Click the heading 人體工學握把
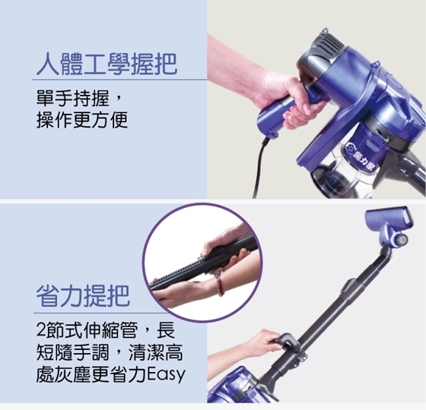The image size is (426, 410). tap(106, 64)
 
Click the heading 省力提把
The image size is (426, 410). tap(83, 296)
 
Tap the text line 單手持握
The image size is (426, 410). tap(80, 99)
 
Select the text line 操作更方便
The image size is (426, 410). tap(82, 120)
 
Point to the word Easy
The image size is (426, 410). tap(166, 374)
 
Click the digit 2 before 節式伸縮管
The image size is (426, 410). tap(41, 331)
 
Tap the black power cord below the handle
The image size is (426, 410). tap(259, 168)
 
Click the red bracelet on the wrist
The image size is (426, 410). tap(220, 285)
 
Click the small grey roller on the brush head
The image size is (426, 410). tap(402, 239)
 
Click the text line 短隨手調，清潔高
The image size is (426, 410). tap(110, 352)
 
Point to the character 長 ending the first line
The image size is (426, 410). tap(167, 330)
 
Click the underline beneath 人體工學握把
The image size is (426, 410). tap(119, 80)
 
